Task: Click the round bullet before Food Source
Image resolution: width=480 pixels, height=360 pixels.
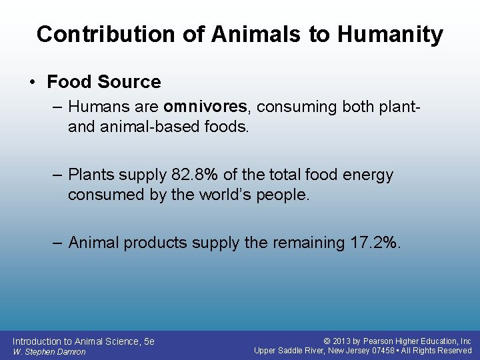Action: coord(32,83)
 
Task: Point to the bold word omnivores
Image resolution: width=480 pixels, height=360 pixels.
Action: coord(205,107)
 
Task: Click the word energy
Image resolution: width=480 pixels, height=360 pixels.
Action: coord(365,175)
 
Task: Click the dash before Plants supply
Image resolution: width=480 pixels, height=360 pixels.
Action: coord(57,175)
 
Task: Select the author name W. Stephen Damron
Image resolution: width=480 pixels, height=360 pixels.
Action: coord(49,352)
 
